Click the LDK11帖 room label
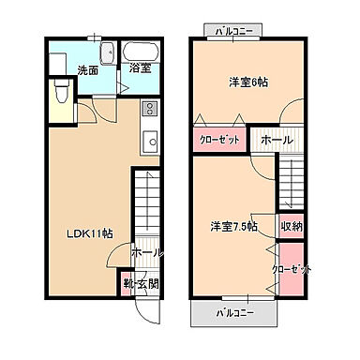click(90, 233)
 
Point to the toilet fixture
click(60, 94)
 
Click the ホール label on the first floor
click(146, 253)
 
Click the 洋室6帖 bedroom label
click(248, 82)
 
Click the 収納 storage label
click(292, 226)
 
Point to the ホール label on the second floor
click(276, 140)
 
